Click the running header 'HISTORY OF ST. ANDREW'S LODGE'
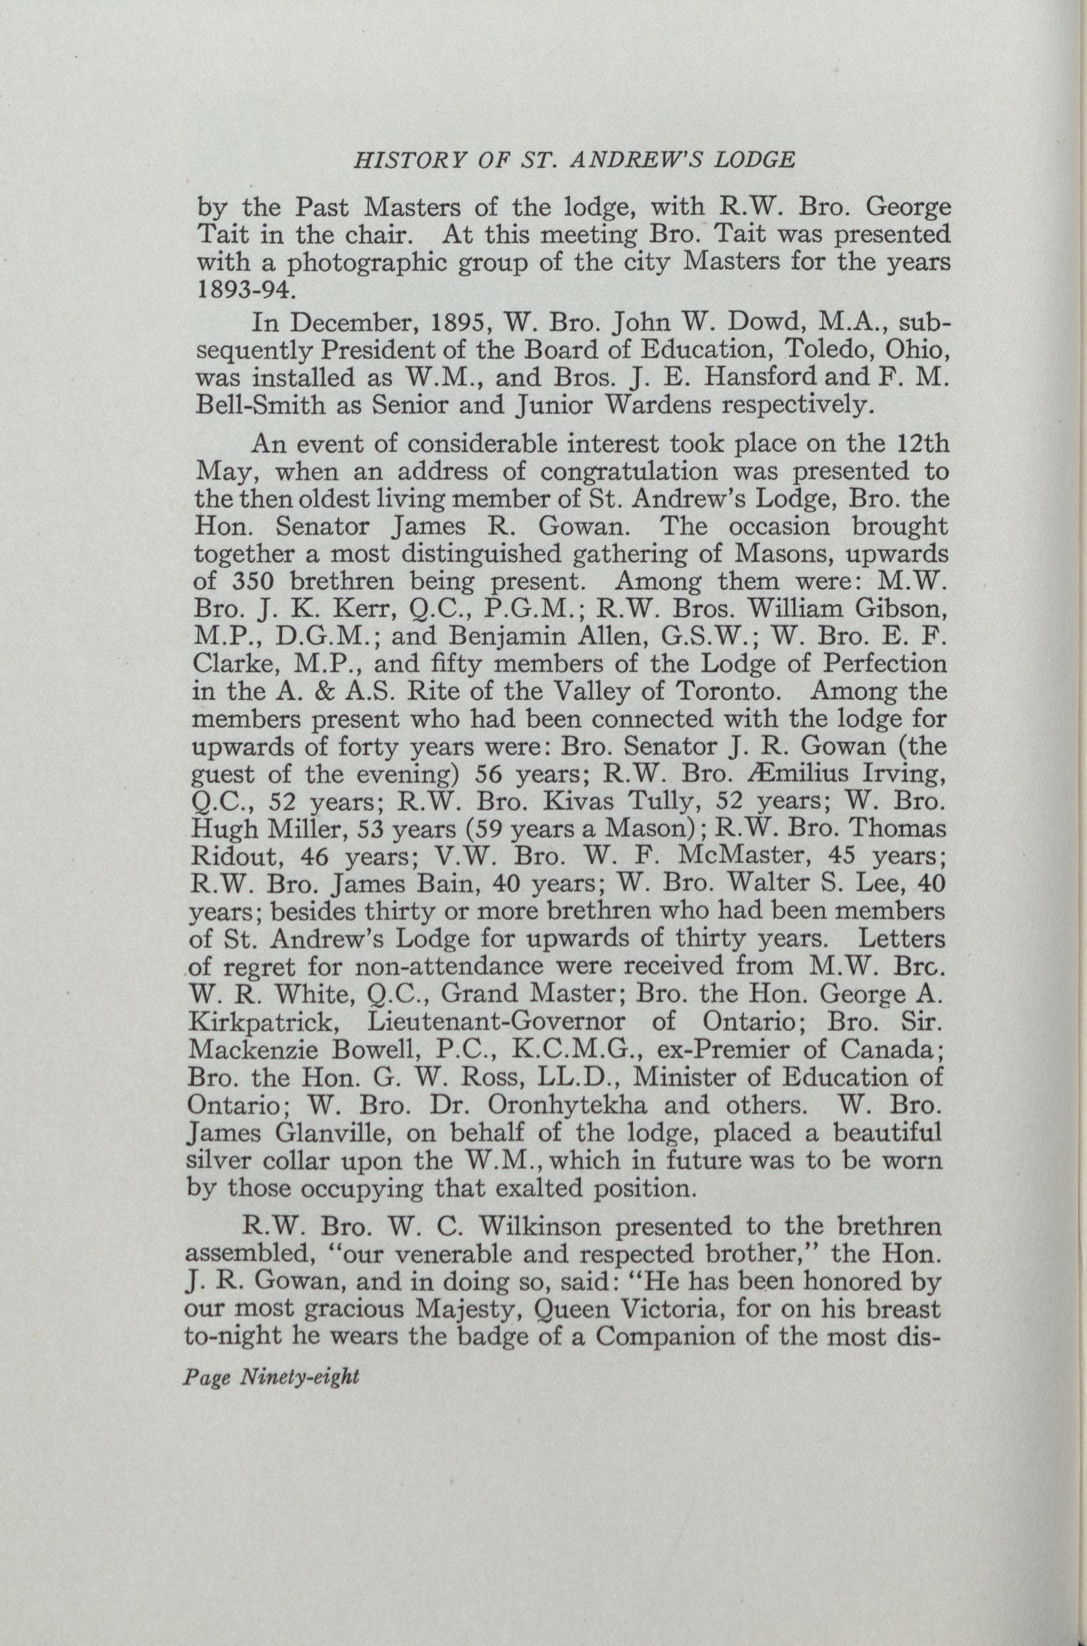point(574,161)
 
